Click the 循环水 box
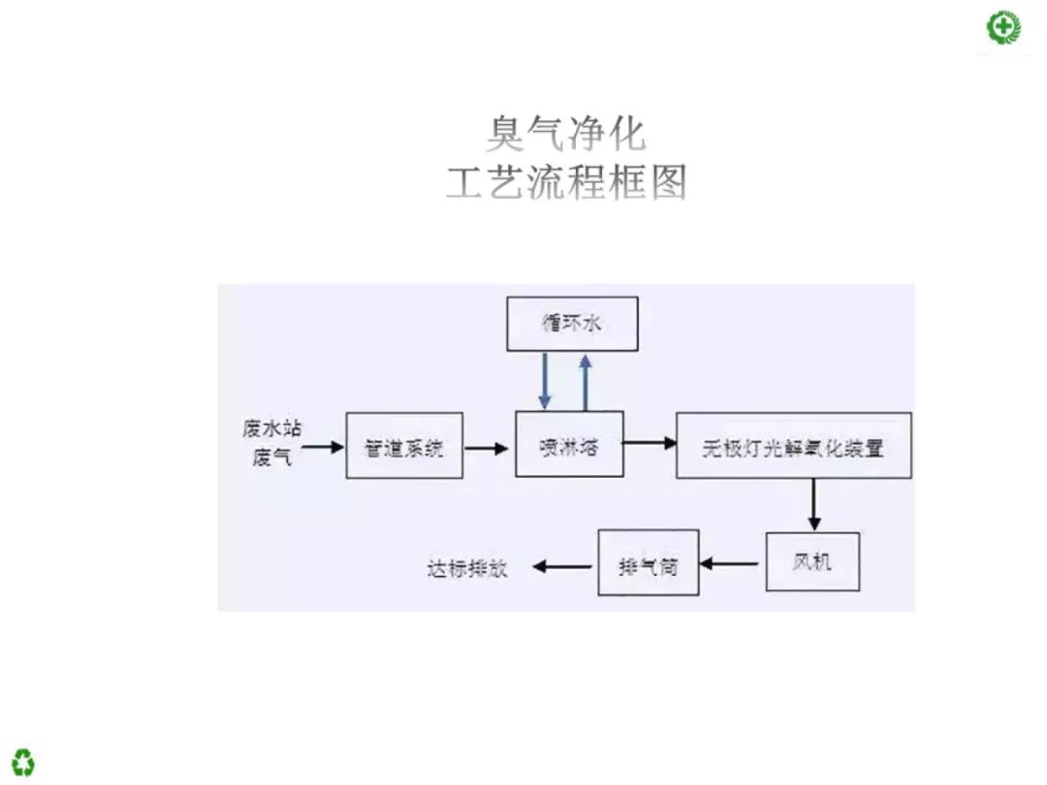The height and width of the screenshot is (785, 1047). click(x=572, y=324)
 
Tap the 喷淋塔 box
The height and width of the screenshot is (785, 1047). click(x=569, y=445)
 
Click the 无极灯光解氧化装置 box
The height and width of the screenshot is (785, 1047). click(x=794, y=446)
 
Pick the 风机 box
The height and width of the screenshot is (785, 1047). click(x=812, y=561)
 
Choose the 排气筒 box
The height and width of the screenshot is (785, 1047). click(x=648, y=563)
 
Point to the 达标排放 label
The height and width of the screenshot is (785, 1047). click(x=467, y=568)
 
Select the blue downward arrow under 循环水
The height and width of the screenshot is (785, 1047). click(x=546, y=380)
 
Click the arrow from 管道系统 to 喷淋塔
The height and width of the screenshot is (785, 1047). click(x=488, y=448)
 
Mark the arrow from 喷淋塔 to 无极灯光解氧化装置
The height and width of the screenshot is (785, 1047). click(x=650, y=443)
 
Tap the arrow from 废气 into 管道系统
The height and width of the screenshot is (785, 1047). click(x=324, y=447)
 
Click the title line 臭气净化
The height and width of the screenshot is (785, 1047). click(x=565, y=134)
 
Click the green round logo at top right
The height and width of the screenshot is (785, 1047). click(x=1002, y=27)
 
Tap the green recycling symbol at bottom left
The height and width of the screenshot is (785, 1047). click(x=23, y=762)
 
